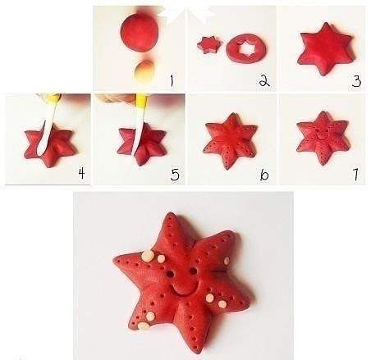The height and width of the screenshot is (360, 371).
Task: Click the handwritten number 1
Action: [172, 81]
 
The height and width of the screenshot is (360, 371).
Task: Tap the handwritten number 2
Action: [264, 80]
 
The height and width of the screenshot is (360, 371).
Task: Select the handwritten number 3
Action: [356, 81]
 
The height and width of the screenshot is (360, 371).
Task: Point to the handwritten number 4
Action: [81, 173]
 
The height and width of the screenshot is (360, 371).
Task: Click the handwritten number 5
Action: [175, 174]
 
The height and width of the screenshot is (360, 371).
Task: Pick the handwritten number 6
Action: [264, 175]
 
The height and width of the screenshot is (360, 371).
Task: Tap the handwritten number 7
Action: [355, 175]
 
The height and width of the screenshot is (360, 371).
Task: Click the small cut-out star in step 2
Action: [209, 45]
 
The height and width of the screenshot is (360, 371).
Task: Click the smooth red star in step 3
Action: [326, 49]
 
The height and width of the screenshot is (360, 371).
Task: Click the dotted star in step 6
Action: [231, 140]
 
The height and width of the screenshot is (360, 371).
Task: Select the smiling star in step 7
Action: [323, 137]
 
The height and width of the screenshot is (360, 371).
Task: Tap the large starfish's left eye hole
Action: [172, 273]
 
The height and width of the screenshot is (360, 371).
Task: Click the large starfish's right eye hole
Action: [193, 271]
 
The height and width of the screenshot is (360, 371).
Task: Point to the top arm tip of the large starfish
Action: [171, 214]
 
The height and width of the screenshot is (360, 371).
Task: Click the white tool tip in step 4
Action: [41, 153]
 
